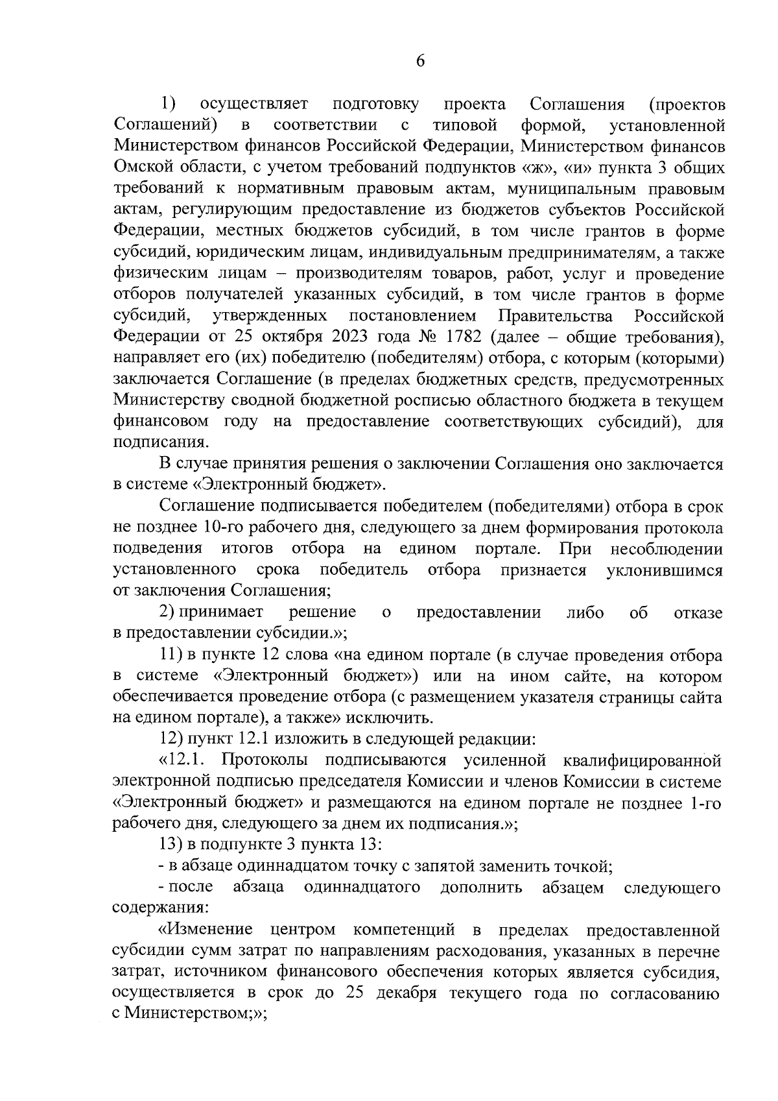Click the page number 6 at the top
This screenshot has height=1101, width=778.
pyautogui.click(x=420, y=61)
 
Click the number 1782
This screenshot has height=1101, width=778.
pyautogui.click(x=463, y=337)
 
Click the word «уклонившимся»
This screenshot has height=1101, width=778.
pyautogui.click(x=664, y=570)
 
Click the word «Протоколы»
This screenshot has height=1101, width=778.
pyautogui.click(x=265, y=760)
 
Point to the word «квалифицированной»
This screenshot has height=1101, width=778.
pyautogui.click(x=642, y=760)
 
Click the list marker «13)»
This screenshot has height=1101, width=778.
pyautogui.click(x=171, y=845)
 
